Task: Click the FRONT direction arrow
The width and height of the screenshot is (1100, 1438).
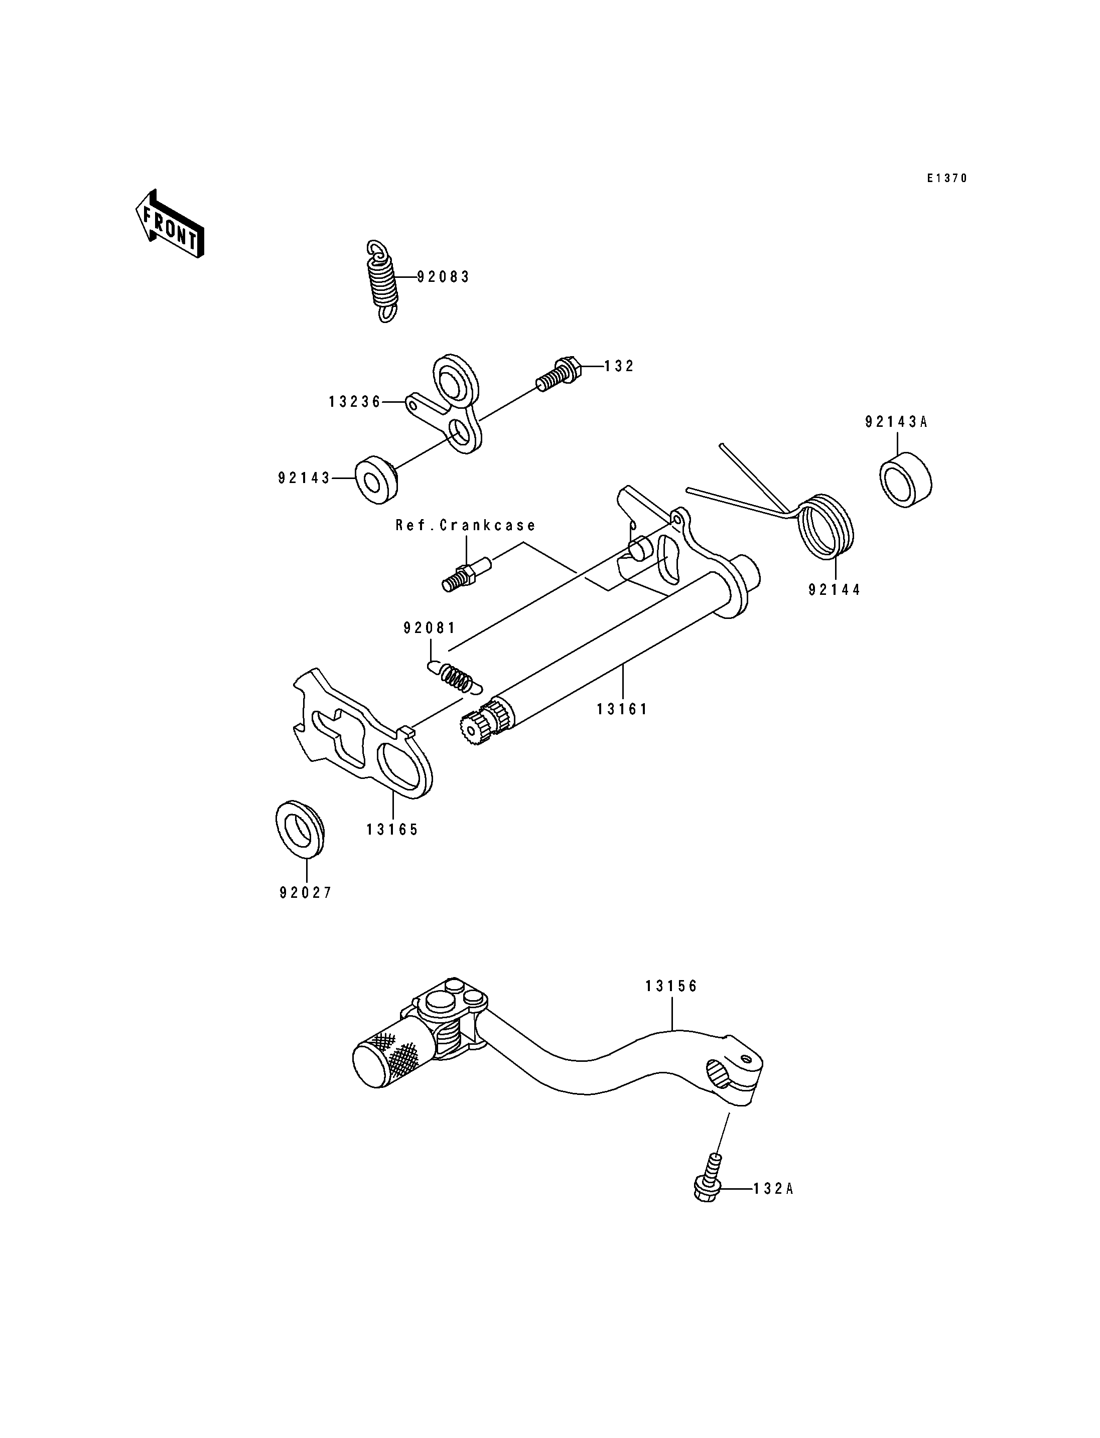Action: click(x=170, y=224)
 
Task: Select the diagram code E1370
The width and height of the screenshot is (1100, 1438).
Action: click(x=947, y=178)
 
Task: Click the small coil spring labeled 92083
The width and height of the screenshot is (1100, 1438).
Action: click(x=382, y=281)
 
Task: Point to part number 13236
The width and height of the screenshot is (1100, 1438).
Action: click(x=355, y=402)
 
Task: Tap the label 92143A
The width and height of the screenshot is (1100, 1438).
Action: click(x=896, y=422)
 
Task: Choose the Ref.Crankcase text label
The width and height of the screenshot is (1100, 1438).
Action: click(x=466, y=525)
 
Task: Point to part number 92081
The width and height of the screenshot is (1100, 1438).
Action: click(x=430, y=628)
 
